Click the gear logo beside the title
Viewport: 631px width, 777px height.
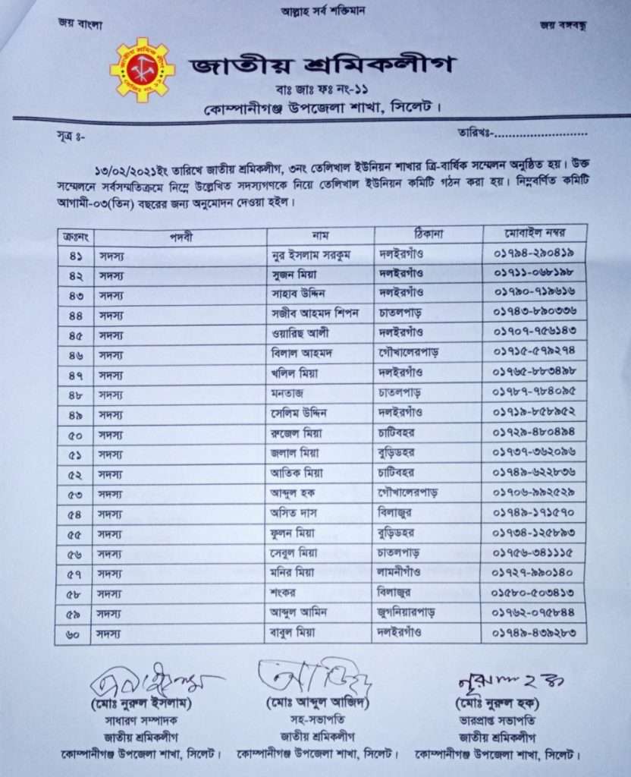(x=142, y=70)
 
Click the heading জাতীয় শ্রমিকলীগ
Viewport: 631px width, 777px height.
(x=322, y=65)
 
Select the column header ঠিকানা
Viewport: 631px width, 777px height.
(x=428, y=234)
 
